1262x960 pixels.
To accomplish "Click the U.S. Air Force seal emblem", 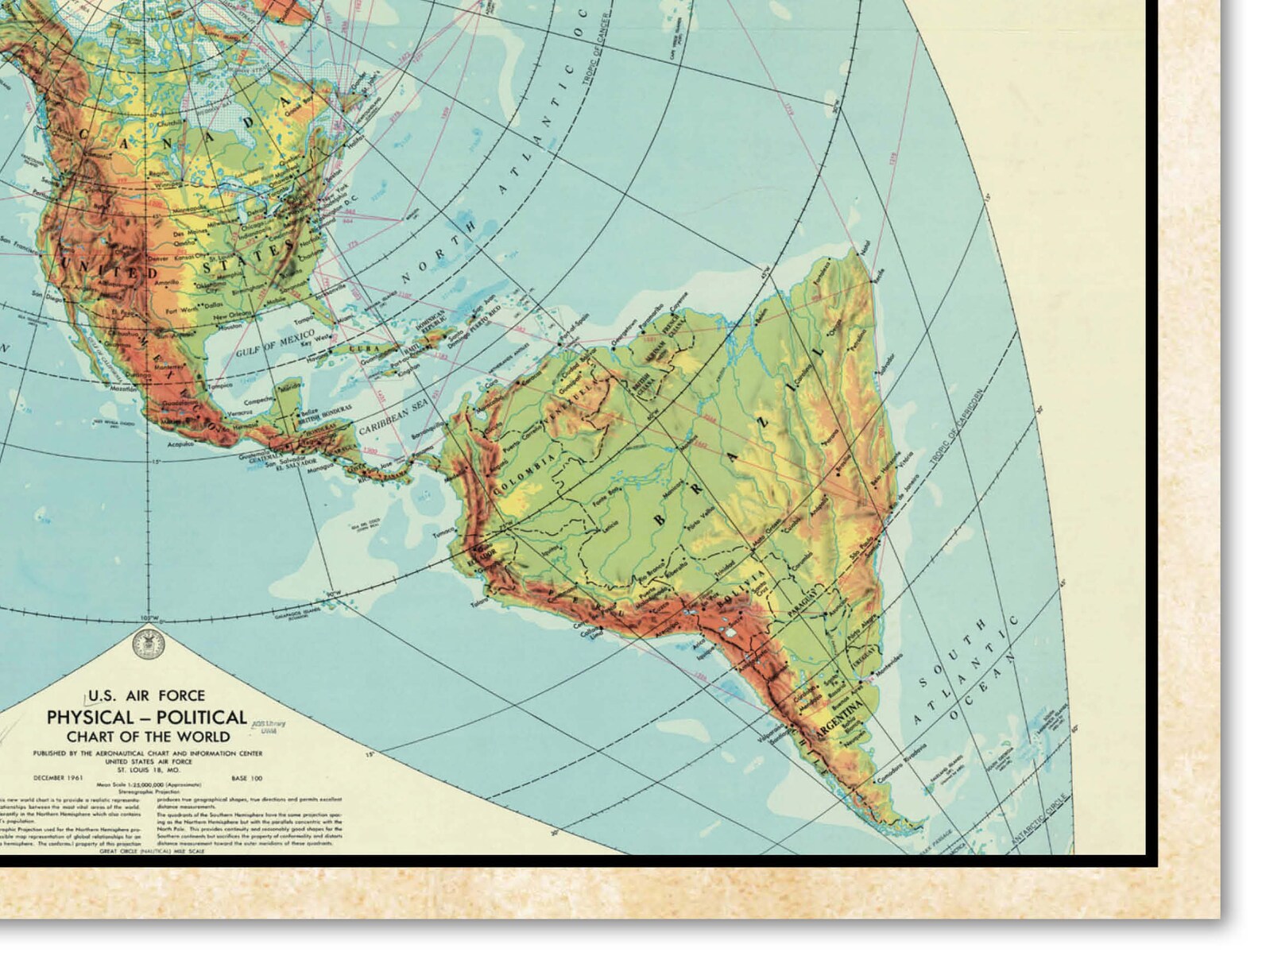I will tap(147, 641).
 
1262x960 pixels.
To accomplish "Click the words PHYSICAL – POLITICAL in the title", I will tap(147, 717).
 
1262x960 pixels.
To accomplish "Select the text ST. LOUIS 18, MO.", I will tap(147, 766).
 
